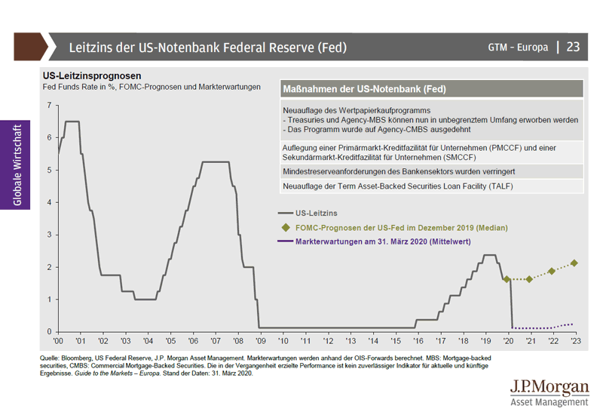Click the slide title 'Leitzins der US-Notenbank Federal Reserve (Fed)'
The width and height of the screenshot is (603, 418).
tap(207, 48)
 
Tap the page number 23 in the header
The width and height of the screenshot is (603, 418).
tap(574, 47)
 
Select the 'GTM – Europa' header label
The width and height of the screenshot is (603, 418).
tap(518, 48)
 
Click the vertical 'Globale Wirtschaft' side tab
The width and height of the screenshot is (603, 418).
tap(17, 164)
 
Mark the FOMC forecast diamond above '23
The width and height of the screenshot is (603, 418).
tap(574, 263)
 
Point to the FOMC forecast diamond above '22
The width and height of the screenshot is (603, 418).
tap(552, 271)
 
